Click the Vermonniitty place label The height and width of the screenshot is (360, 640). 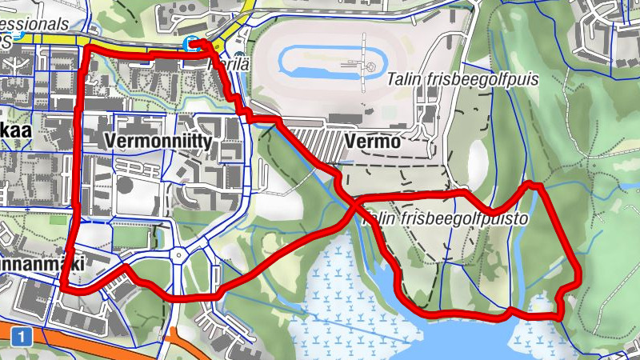[157, 142]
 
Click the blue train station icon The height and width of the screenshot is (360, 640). [190, 44]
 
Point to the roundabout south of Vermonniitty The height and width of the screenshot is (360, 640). [181, 256]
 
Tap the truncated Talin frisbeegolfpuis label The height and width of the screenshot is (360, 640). [462, 80]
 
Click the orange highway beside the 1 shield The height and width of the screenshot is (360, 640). [96, 336]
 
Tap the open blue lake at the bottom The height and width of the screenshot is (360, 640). [448, 340]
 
